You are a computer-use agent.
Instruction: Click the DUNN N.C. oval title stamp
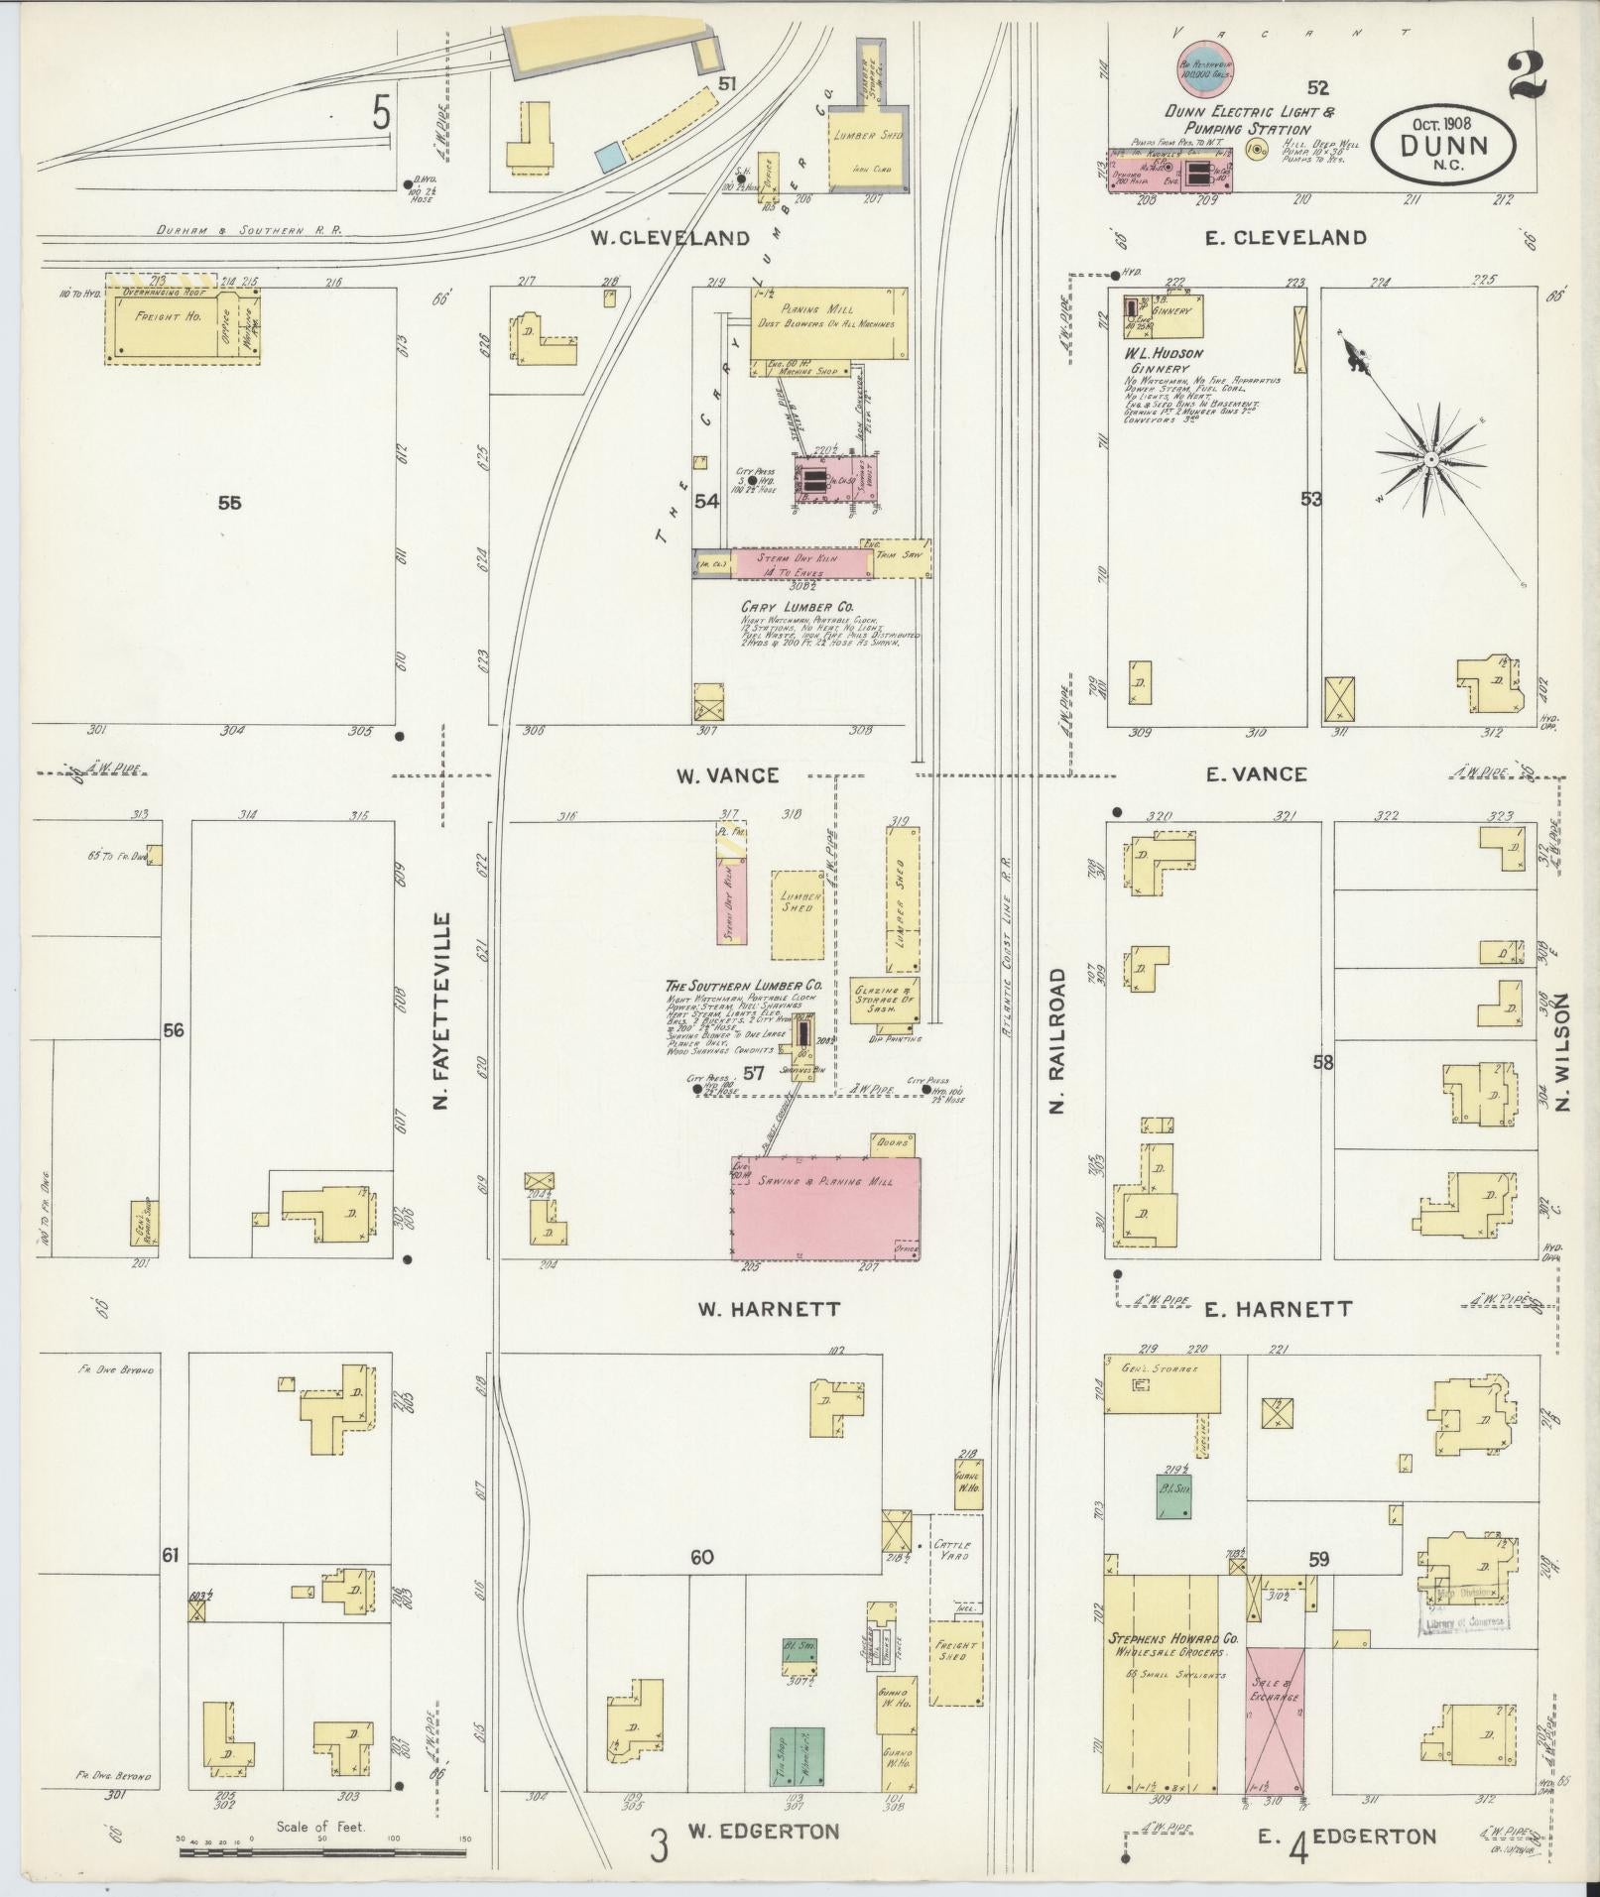coord(1444,145)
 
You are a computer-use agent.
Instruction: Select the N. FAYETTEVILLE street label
coord(442,1010)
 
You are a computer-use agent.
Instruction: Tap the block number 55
coord(229,503)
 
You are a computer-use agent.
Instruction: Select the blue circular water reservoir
coord(1204,67)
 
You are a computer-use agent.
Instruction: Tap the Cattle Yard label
coord(951,1577)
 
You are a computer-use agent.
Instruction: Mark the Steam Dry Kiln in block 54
coord(800,562)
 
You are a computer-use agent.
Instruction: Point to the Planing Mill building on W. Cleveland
coord(828,323)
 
